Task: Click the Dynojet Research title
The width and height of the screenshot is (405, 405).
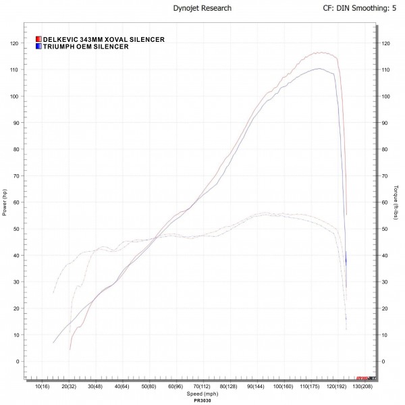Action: click(202, 9)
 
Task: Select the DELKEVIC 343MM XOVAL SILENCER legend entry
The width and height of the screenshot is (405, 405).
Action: click(103, 40)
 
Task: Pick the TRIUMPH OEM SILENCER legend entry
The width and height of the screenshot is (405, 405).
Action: click(85, 47)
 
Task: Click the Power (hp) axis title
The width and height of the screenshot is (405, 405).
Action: click(5, 202)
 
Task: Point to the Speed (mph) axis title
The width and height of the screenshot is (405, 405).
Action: click(201, 394)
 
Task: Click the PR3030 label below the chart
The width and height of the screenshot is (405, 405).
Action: click(201, 400)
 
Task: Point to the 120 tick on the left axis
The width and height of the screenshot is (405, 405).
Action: click(13, 43)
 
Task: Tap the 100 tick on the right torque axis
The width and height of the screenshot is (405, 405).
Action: click(386, 97)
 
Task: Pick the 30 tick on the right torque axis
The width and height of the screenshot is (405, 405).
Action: click(385, 282)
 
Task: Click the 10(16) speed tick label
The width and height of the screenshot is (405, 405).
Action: click(41, 387)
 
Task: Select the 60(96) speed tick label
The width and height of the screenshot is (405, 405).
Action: click(175, 387)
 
